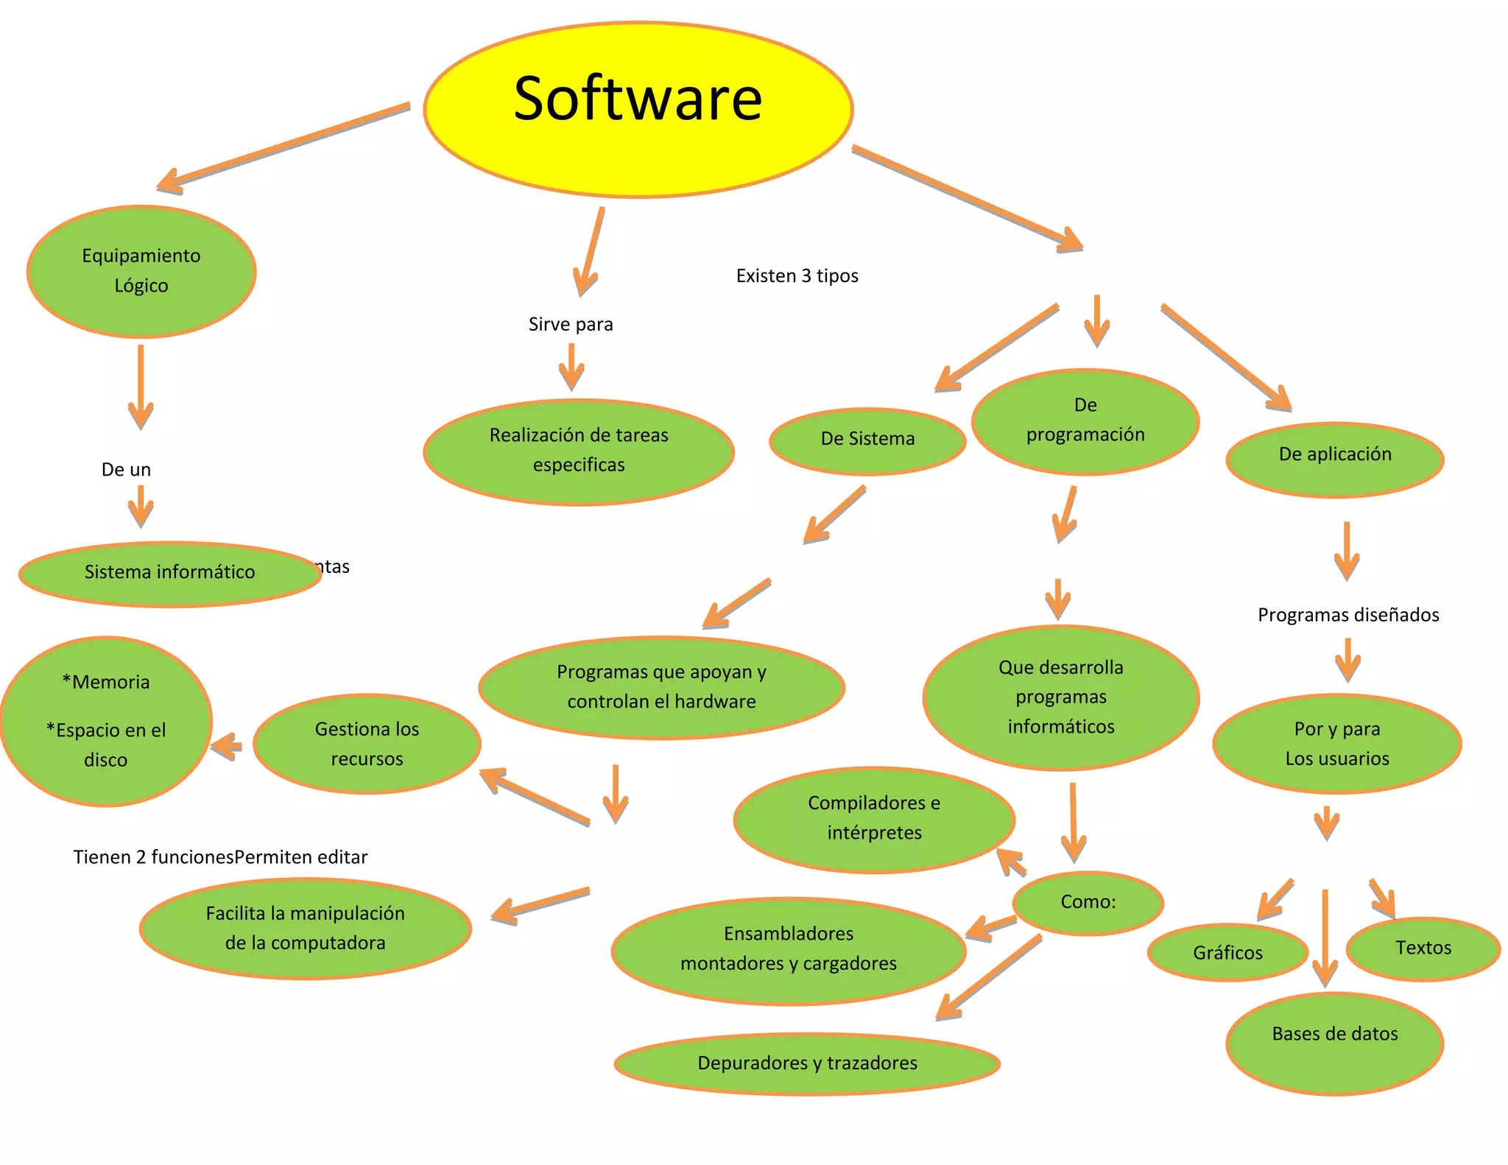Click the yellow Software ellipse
(x=638, y=109)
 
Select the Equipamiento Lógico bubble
(x=141, y=271)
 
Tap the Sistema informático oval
(x=169, y=574)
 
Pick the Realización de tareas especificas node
(x=579, y=451)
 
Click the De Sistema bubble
(x=867, y=440)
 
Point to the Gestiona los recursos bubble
(x=367, y=743)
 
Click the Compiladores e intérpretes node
(x=874, y=819)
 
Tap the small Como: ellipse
(x=1088, y=903)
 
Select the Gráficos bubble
(x=1227, y=953)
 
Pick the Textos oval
(x=1423, y=948)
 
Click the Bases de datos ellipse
(x=1334, y=1042)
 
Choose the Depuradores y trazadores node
(x=807, y=1063)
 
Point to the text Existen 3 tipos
(x=797, y=276)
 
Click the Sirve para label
(x=571, y=325)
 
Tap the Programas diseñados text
(x=1347, y=615)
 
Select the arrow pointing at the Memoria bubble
(x=228, y=747)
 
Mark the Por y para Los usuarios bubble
(x=1336, y=743)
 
